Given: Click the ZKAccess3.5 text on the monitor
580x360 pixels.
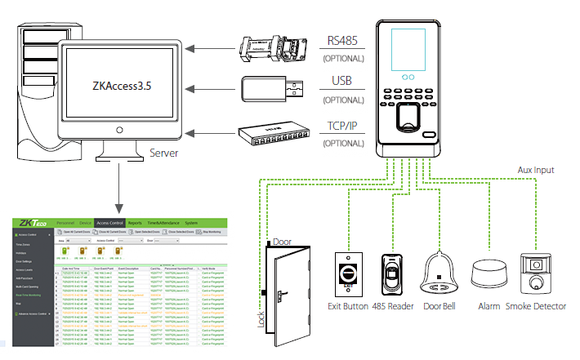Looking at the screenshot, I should point(123,85).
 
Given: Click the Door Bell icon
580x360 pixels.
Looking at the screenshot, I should point(441,276).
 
